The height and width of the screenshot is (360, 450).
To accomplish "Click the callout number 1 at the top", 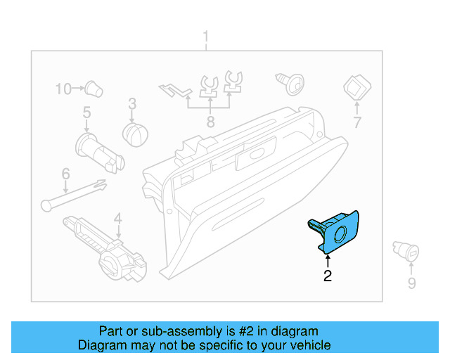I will [206, 36].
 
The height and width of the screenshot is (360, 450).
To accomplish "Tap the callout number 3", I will [131, 105].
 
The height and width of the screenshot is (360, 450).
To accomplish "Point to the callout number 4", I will [118, 218].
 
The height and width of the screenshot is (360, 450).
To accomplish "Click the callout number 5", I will [86, 112].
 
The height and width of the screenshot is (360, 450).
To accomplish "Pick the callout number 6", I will [65, 172].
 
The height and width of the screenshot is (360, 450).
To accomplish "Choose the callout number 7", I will [356, 123].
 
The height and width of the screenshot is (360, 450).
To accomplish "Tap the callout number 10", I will [64, 89].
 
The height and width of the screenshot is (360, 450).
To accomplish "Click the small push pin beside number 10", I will [93, 89].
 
